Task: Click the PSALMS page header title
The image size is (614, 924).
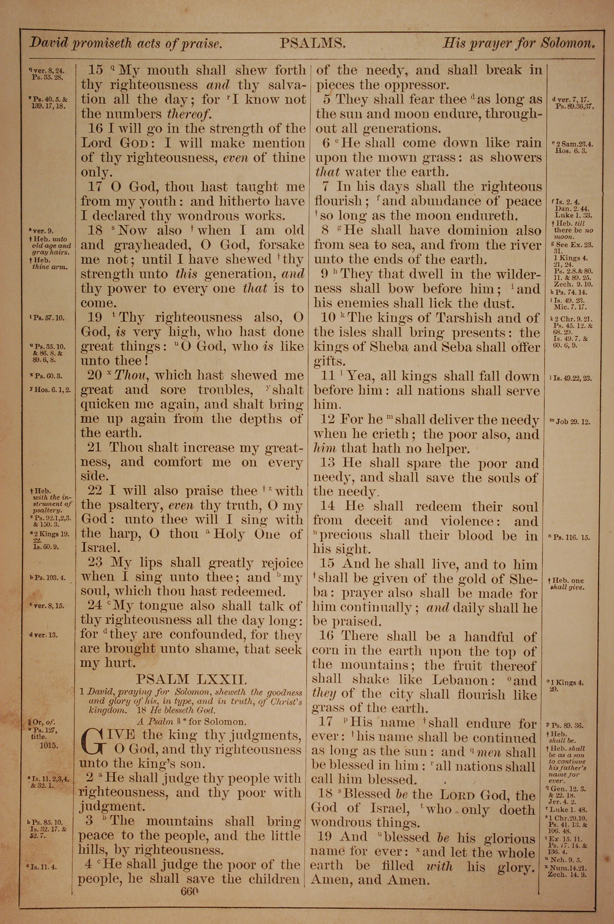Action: [x=312, y=43]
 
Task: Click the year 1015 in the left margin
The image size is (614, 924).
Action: [x=49, y=746]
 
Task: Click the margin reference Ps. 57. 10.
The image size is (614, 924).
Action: [x=49, y=318]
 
